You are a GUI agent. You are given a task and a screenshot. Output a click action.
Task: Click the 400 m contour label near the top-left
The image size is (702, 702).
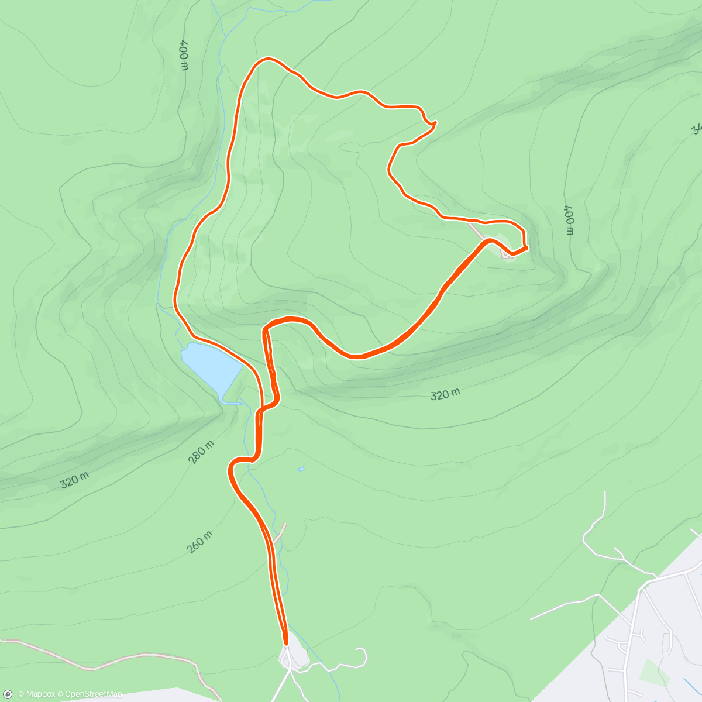pos(184,55)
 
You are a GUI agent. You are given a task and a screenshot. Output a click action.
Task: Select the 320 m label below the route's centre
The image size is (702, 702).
pos(445,395)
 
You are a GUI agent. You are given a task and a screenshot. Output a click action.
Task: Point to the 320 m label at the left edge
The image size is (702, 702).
pos(75,480)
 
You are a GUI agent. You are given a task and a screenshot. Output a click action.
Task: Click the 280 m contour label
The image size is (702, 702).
pos(201,452)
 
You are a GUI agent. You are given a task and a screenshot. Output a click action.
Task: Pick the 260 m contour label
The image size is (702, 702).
pos(199,542)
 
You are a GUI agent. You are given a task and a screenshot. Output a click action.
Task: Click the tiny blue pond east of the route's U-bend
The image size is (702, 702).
pos(301,469)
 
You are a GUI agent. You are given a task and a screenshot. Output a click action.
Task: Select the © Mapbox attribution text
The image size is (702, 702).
pos(37,694)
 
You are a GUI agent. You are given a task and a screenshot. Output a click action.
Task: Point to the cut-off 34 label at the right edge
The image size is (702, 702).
pos(696,129)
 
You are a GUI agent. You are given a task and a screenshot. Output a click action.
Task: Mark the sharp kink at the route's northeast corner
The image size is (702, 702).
pos(435,123)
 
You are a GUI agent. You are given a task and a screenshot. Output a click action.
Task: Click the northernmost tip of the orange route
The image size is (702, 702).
pos(269,58)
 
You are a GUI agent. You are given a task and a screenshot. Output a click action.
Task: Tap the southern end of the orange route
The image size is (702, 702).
pos(285,643)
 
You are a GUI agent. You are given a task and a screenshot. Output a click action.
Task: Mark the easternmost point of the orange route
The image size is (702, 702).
pos(527,248)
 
